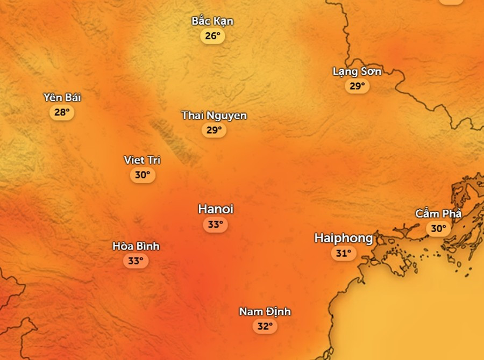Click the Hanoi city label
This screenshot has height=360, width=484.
click(215, 209)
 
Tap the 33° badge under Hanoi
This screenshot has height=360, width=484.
click(215, 225)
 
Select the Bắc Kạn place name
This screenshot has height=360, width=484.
click(212, 21)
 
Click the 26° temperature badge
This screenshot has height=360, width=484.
click(212, 36)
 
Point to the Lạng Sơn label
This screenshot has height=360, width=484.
click(357, 71)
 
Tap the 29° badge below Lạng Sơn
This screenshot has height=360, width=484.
click(357, 86)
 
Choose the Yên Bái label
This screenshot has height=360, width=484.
click(62, 98)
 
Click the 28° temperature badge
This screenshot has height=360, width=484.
click(62, 112)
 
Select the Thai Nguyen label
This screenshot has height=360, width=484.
click(214, 116)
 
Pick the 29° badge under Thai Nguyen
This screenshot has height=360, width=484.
click(213, 130)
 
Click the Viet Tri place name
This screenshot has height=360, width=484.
click(142, 160)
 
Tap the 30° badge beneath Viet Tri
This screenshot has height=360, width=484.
click(142, 175)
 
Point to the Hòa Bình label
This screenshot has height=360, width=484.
click(136, 246)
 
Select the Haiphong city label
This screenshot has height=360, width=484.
click(343, 238)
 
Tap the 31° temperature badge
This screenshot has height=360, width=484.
click(343, 253)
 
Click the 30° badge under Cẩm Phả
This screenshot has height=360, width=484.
click(438, 228)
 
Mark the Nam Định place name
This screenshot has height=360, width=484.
click(265, 312)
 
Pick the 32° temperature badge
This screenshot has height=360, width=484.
click(265, 326)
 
